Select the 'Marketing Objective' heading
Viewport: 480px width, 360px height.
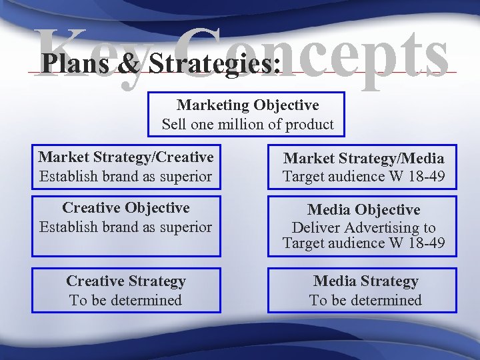coord(247,105)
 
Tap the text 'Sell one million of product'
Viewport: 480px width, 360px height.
coord(247,124)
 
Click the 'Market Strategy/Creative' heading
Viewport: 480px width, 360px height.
coord(126,157)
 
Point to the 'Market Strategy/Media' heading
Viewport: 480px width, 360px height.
coord(363,158)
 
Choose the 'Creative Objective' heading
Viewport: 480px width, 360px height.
coord(126,208)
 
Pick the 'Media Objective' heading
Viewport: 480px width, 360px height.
coord(363,210)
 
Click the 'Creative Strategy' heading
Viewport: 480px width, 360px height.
coord(126,281)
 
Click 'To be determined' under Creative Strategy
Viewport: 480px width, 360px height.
coord(126,300)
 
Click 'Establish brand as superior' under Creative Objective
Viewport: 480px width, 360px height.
coord(126,227)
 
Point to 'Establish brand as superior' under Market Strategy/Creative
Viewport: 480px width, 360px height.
coord(126,177)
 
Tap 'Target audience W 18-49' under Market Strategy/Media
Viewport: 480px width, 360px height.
coord(363,177)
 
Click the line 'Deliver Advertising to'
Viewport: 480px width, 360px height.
coord(363,227)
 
